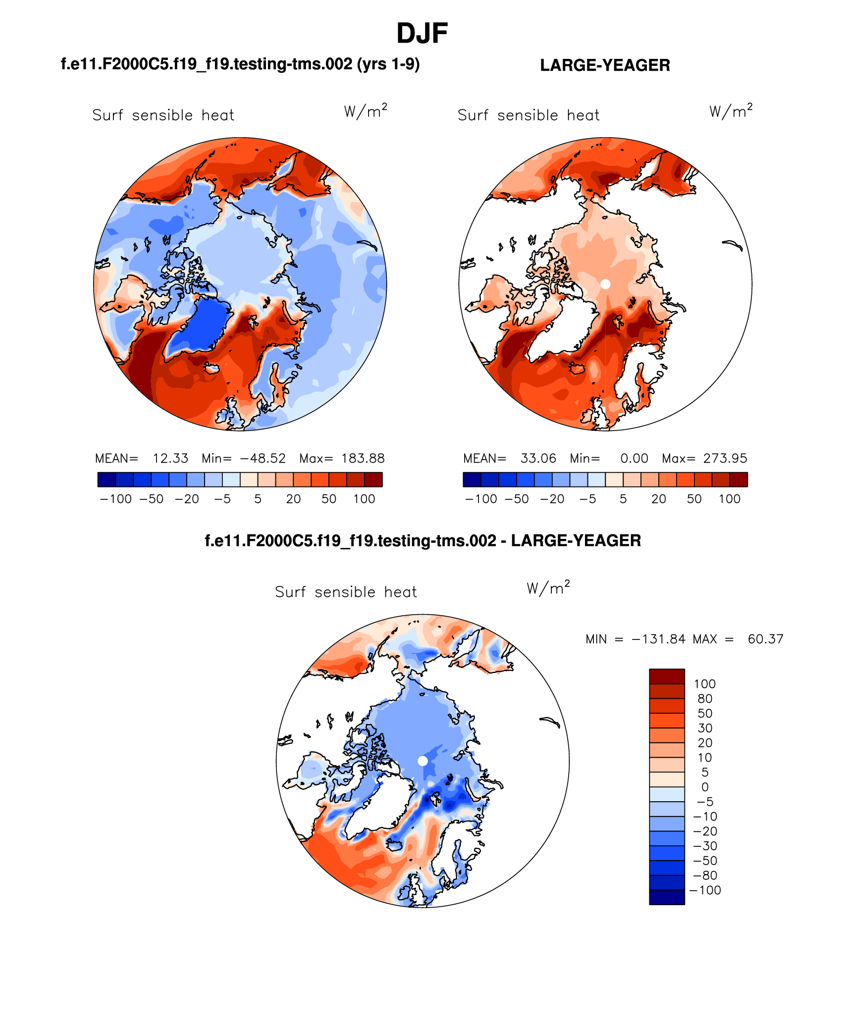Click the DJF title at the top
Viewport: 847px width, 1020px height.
tap(422, 34)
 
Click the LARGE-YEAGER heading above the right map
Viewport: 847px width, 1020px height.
tap(605, 65)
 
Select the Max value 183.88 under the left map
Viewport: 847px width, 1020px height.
tap(363, 458)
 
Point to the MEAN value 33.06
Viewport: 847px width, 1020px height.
tap(538, 458)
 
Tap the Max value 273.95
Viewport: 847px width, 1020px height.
tap(725, 458)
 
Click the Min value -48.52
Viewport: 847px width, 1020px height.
tap(263, 458)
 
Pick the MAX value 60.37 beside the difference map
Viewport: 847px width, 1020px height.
tap(765, 639)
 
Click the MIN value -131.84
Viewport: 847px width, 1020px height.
tap(658, 639)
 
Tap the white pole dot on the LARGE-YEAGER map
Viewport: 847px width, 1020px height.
tap(605, 284)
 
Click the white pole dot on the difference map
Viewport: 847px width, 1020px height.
tap(423, 761)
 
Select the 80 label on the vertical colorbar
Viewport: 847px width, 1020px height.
tap(705, 699)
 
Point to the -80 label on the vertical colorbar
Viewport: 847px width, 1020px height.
tap(705, 875)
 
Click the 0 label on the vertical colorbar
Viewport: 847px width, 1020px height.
tap(705, 787)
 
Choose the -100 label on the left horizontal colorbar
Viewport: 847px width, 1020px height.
tap(116, 499)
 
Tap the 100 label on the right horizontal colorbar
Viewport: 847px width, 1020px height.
tap(730, 499)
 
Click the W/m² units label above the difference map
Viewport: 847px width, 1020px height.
tap(548, 588)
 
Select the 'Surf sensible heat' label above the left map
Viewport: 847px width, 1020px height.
tap(163, 115)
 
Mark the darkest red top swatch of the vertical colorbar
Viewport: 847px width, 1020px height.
tap(667, 676)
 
